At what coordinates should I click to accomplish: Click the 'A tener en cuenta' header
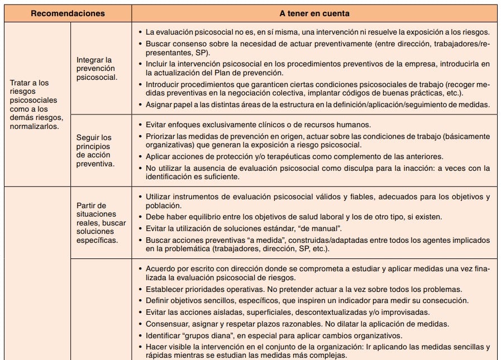coord(314,13)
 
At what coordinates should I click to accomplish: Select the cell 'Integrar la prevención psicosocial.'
coord(95,69)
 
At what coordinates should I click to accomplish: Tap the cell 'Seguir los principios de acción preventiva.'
coord(95,151)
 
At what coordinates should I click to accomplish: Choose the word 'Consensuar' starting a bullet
coord(166,324)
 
